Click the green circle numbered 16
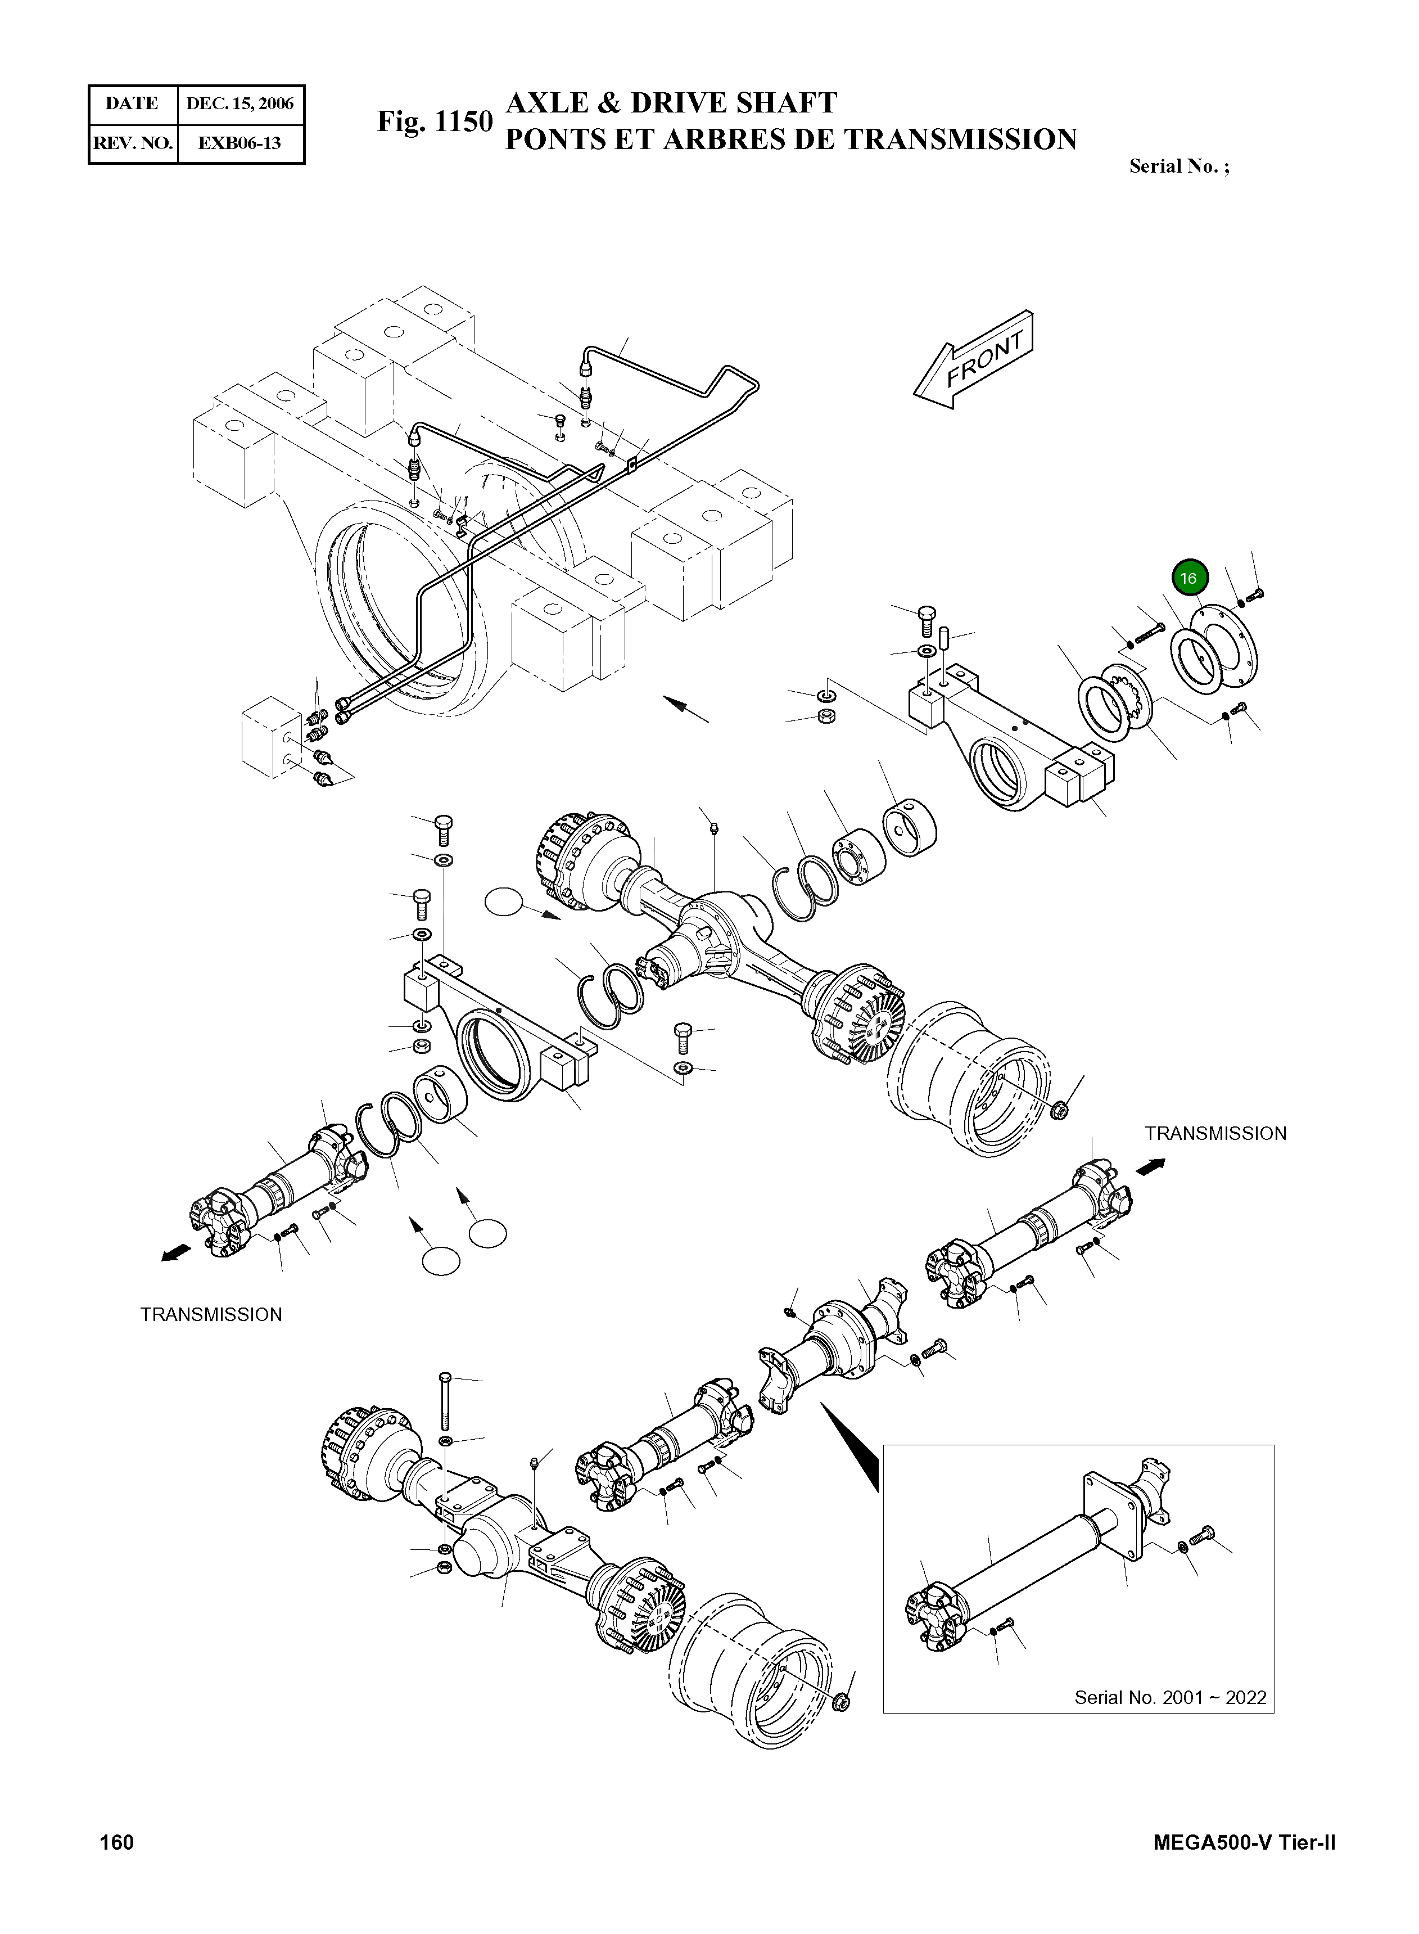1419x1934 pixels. [x=1188, y=578]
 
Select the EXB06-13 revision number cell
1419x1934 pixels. [x=239, y=143]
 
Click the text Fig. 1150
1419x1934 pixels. [x=435, y=122]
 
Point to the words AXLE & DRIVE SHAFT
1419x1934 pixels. [x=671, y=103]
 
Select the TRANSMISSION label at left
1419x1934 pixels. [x=211, y=1314]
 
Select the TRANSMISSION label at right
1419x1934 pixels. [x=1214, y=1133]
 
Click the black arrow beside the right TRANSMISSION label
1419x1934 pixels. [x=1151, y=1166]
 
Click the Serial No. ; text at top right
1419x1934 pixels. [x=1178, y=166]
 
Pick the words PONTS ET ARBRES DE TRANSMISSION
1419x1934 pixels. [x=790, y=139]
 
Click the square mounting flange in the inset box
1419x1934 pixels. [x=1116, y=1513]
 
